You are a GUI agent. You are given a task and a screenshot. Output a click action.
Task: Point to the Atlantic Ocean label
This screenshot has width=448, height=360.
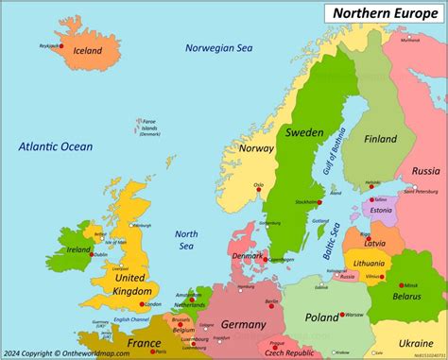click(x=55, y=146)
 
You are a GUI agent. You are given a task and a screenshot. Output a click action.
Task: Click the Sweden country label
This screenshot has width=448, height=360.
click(x=304, y=132)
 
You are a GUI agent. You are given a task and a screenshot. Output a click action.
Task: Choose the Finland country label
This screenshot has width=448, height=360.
click(x=384, y=139)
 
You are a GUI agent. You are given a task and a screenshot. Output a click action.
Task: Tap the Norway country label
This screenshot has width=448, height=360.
click(x=255, y=148)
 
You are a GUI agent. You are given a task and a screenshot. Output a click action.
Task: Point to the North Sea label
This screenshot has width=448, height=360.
click(x=186, y=241)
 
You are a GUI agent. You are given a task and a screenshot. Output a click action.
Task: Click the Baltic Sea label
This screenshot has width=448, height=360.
click(x=331, y=245)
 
